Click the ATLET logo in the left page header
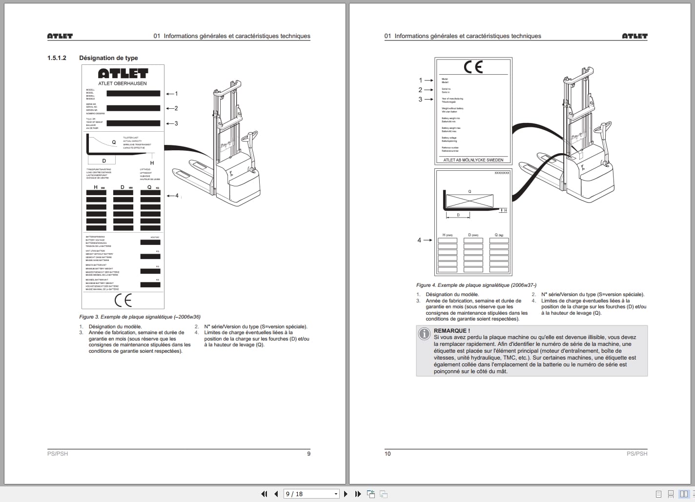coord(60,36)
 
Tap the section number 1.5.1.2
coord(57,58)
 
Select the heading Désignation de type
coord(108,58)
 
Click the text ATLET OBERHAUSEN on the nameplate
coord(123,83)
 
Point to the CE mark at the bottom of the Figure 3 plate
coord(123,300)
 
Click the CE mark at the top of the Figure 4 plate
coord(473,67)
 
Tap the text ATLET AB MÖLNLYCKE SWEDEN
coord(473,160)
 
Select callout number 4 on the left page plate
coord(177,196)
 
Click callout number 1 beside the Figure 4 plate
coord(420,80)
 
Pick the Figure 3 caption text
coord(140,317)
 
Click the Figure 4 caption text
coord(476,285)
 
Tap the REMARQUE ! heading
coord(452,331)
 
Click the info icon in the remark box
coord(424,334)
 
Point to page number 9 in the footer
coord(308,454)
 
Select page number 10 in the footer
coord(388,454)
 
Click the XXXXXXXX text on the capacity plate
coord(502,173)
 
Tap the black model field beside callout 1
coord(133,94)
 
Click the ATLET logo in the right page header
coord(634,36)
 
